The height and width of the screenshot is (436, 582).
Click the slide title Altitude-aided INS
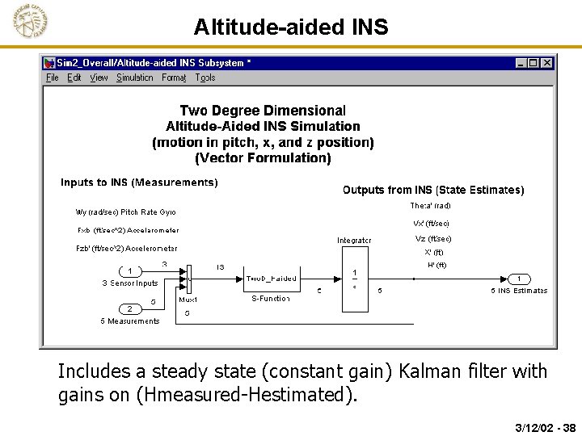point(291,27)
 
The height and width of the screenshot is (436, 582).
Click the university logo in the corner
point(30,22)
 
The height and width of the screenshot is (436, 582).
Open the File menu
point(53,78)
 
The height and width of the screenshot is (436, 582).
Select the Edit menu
point(74,78)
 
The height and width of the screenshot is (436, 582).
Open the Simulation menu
point(134,78)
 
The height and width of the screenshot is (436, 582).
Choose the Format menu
point(174,78)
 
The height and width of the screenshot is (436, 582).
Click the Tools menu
point(205,78)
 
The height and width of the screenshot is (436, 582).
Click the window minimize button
point(521,63)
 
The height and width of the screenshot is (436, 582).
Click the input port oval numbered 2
point(129,309)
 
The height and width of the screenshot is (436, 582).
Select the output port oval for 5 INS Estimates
point(519,279)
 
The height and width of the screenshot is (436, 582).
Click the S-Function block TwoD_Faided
point(271,279)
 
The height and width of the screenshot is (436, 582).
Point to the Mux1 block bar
point(188,279)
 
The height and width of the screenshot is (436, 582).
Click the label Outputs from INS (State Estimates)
point(433,191)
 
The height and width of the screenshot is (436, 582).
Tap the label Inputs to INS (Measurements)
point(139,182)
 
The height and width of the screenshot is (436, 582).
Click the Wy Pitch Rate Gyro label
point(125,212)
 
